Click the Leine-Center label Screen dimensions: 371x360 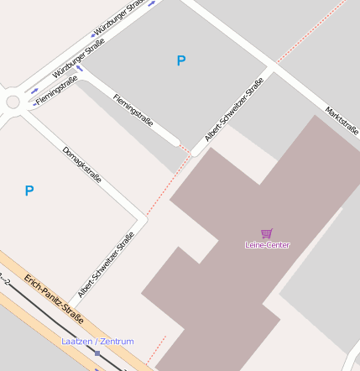(x=267, y=245)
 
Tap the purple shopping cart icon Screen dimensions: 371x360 (x=267, y=233)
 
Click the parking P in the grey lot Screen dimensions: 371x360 (x=181, y=60)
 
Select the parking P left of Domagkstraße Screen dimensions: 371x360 (x=29, y=191)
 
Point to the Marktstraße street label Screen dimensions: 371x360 (x=342, y=117)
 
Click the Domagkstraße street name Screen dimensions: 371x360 (x=82, y=165)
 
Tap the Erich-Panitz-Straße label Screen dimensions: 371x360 (x=53, y=297)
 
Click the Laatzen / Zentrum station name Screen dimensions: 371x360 (x=97, y=342)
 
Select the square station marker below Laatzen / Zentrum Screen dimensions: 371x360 (x=97, y=353)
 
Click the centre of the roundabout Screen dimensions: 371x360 (x=13, y=102)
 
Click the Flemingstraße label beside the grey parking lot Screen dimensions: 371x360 (x=133, y=110)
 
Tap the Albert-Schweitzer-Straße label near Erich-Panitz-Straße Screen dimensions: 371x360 (x=106, y=265)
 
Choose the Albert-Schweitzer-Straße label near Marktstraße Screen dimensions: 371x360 (x=234, y=109)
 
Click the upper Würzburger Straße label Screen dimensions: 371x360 (x=112, y=18)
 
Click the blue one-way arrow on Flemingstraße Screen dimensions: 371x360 (x=80, y=69)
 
